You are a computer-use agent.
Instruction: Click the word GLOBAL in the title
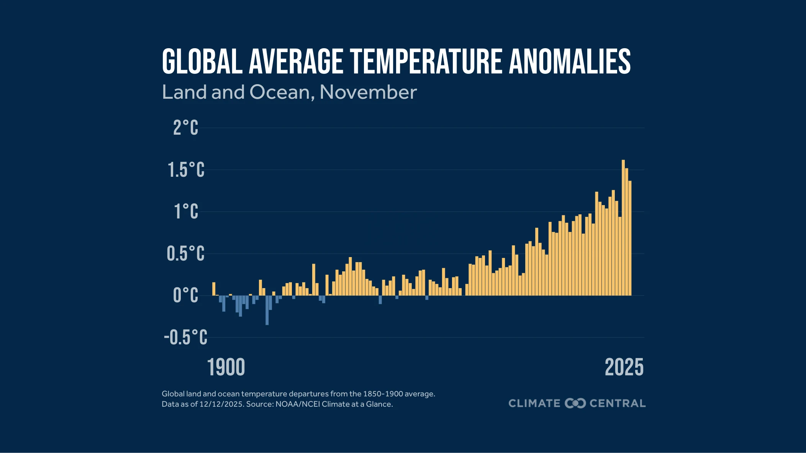[x=202, y=62]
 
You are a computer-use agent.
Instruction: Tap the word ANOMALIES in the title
[x=570, y=62]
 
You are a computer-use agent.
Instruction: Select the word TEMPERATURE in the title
[x=426, y=62]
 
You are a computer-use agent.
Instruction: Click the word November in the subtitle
[x=368, y=93]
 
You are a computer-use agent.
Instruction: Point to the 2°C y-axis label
[x=186, y=128]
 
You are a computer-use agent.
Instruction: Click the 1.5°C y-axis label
[x=186, y=170]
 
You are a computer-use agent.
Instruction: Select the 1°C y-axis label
[x=186, y=212]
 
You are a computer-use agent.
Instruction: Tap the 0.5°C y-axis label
[x=186, y=254]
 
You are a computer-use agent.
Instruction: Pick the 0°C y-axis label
[x=186, y=295]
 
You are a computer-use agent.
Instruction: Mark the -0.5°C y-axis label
[x=186, y=337]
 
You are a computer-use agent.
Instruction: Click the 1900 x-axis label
[x=226, y=368]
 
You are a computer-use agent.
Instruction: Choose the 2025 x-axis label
[x=624, y=368]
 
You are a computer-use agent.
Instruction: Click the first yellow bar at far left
[x=214, y=289]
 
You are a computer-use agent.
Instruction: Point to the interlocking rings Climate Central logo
[x=575, y=403]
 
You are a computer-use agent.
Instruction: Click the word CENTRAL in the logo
[x=618, y=403]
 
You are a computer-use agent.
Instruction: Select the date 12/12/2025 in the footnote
[x=221, y=404]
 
